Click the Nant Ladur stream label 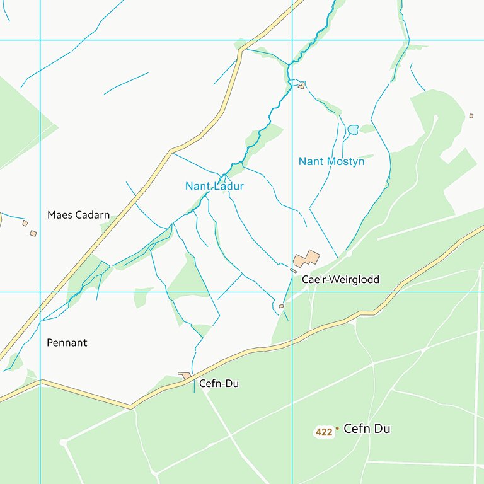214,186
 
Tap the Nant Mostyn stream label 331,161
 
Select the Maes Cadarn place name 78,215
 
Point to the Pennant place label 67,343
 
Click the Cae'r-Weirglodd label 340,279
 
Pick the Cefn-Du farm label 219,383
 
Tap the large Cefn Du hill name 367,429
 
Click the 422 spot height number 324,432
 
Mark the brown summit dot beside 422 337,429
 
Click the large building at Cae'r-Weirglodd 306,258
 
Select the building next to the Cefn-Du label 185,376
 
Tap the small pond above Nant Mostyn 352,129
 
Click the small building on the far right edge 471,116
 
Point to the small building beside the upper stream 302,85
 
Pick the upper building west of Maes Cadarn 25,223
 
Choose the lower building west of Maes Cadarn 33,233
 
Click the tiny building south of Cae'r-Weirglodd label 281,306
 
